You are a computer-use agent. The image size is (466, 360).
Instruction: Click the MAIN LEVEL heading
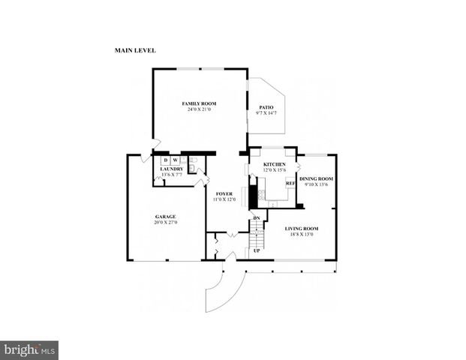[x=135, y=51]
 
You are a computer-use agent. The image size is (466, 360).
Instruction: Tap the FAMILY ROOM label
[x=199, y=103]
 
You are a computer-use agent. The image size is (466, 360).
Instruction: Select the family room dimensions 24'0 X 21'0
[x=199, y=109]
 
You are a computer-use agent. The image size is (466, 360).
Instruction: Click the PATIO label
[x=265, y=107]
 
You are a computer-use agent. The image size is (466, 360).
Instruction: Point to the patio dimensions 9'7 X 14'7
[x=265, y=113]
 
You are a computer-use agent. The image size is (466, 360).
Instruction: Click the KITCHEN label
[x=274, y=163]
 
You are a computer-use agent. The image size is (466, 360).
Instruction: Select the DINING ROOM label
[x=316, y=178]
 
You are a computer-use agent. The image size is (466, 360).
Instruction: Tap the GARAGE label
[x=165, y=216]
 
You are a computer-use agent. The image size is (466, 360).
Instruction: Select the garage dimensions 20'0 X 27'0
[x=165, y=223]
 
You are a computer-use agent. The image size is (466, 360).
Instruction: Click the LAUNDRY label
[x=172, y=169]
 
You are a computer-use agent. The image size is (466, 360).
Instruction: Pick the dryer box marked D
[x=165, y=160]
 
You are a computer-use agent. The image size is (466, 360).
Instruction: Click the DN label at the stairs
[x=257, y=218]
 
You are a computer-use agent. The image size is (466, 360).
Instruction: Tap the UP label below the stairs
[x=256, y=250]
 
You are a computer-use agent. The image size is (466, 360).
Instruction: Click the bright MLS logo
[x=29, y=350]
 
